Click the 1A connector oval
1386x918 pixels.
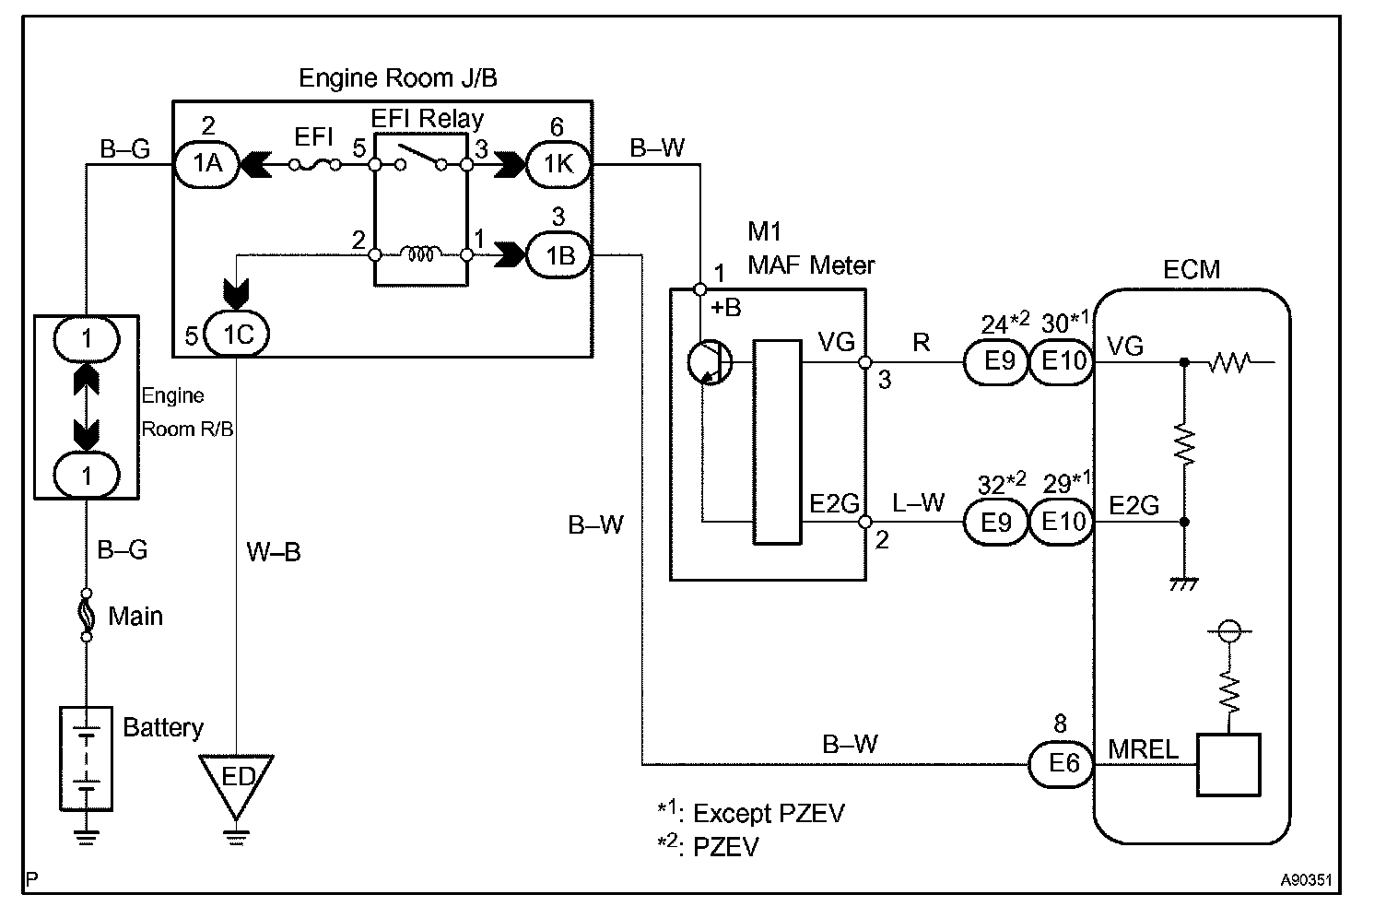point(206,164)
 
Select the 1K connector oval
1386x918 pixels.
point(558,165)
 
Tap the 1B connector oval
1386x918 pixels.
point(558,255)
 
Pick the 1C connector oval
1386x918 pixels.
point(237,335)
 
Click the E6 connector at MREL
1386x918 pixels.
point(1062,764)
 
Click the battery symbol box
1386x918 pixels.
point(86,759)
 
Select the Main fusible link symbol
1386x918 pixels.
point(86,615)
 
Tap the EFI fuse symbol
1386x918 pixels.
point(314,165)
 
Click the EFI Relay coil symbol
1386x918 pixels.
point(421,253)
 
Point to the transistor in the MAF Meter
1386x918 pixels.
point(710,362)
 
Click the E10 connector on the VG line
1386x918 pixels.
point(1062,361)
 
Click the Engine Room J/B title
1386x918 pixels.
point(398,78)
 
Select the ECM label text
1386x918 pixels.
point(1192,269)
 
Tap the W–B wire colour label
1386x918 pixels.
point(274,551)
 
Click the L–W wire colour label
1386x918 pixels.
point(918,502)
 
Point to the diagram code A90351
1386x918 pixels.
point(1306,879)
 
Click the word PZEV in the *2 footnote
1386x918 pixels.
point(726,847)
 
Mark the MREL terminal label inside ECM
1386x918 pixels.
point(1143,749)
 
